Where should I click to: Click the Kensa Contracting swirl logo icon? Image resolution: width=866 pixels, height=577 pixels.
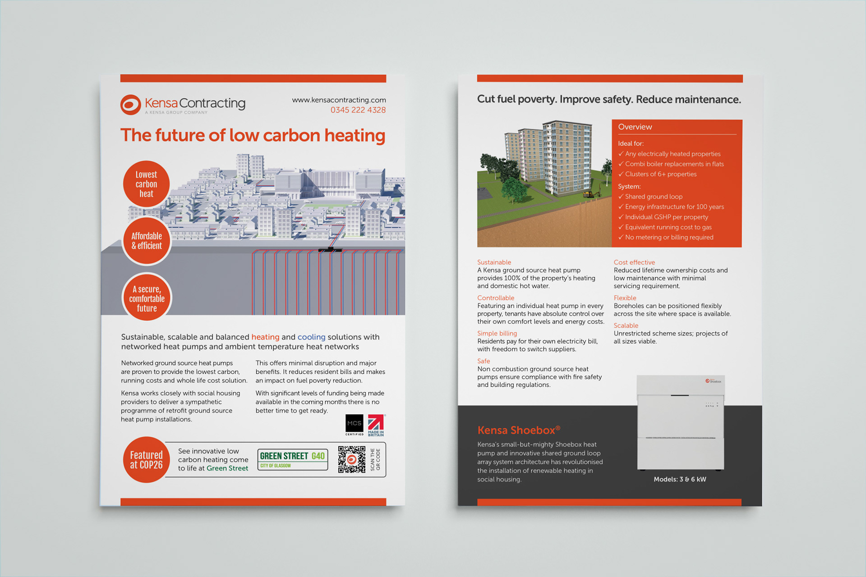pyautogui.click(x=131, y=105)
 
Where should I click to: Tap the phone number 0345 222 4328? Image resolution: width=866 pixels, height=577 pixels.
pyautogui.click(x=358, y=110)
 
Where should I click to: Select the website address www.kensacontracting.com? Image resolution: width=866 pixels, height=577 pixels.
pyautogui.click(x=339, y=100)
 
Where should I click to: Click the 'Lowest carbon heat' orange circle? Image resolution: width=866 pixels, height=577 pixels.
pyautogui.click(x=146, y=184)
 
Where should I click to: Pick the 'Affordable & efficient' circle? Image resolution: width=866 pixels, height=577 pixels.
pyautogui.click(x=147, y=241)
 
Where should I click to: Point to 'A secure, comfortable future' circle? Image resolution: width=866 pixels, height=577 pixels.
pyautogui.click(x=147, y=298)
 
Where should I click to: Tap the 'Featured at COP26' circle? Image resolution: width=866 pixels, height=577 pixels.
pyautogui.click(x=146, y=460)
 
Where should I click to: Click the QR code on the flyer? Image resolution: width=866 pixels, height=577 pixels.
pyautogui.click(x=351, y=459)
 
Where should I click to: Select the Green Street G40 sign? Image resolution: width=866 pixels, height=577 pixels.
pyautogui.click(x=292, y=459)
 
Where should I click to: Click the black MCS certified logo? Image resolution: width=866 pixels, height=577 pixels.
pyautogui.click(x=354, y=424)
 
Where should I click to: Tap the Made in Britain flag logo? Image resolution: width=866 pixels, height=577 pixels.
pyautogui.click(x=376, y=425)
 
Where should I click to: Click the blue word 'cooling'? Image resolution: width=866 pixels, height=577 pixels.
pyautogui.click(x=311, y=337)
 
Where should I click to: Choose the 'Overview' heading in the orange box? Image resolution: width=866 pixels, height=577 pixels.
pyautogui.click(x=635, y=127)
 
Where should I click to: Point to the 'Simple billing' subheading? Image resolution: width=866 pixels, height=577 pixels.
pyautogui.click(x=497, y=333)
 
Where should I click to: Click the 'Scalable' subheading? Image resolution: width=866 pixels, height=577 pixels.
pyautogui.click(x=626, y=325)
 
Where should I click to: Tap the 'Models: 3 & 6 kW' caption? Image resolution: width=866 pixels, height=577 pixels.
pyautogui.click(x=680, y=479)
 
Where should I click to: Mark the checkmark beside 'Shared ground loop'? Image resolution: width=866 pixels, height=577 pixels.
pyautogui.click(x=621, y=197)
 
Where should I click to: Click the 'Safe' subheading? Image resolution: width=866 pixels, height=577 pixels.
pyautogui.click(x=484, y=361)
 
